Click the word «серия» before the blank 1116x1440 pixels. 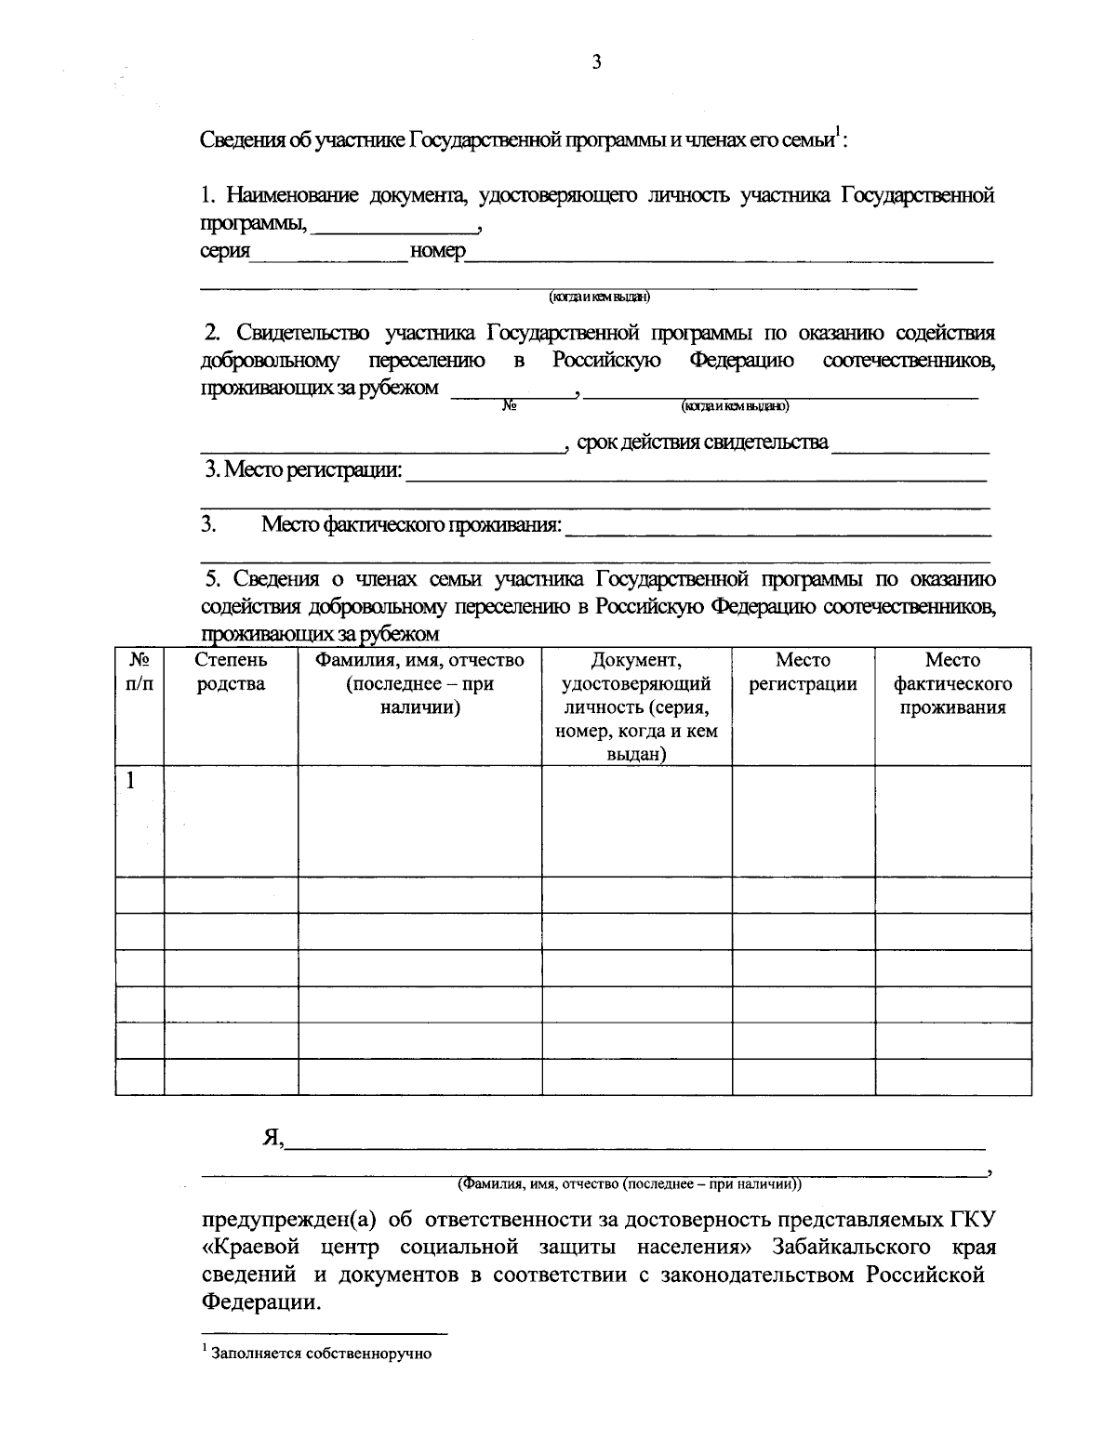point(225,252)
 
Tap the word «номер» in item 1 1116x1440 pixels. point(437,252)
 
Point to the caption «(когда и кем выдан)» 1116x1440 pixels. point(599,297)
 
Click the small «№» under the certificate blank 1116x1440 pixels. point(509,406)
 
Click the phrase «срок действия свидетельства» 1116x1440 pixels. point(703,443)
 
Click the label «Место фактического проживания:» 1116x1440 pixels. point(411,525)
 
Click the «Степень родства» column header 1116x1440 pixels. point(231,672)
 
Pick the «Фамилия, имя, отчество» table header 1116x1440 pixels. point(419,684)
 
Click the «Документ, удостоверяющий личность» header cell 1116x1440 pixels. point(636,707)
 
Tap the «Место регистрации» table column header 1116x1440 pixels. point(803,672)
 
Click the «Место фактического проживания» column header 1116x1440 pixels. point(952,684)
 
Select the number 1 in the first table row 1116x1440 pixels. point(131,781)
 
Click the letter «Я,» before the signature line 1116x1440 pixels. point(273,1138)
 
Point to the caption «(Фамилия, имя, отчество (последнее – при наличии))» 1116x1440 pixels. point(629,1184)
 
